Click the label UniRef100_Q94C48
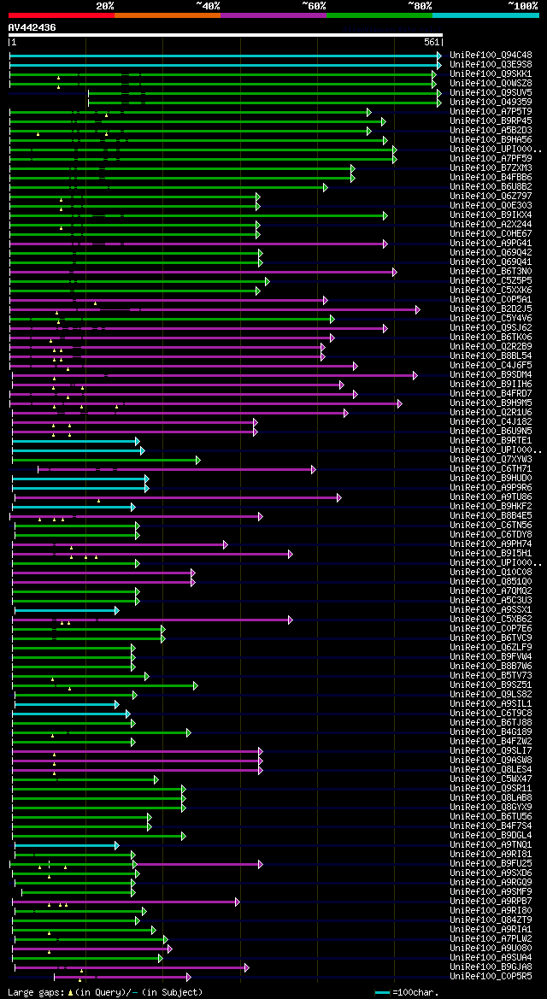tap(491, 55)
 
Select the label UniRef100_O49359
tap(491, 102)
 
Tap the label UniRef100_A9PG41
tap(491, 243)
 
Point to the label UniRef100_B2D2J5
tap(491, 309)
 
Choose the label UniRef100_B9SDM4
tap(491, 374)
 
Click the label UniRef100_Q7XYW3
tap(491, 459)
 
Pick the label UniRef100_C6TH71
tap(491, 468)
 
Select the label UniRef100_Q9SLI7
tap(491, 750)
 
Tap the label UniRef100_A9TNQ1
tap(491, 844)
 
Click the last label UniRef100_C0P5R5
tap(491, 976)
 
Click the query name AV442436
tap(32, 27)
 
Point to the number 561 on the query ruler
tap(431, 42)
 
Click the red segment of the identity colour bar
tap(61, 15)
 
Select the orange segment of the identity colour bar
tap(167, 15)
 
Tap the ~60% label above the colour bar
tap(314, 6)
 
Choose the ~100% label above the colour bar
tap(523, 6)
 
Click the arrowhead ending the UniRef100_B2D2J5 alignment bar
tap(418, 309)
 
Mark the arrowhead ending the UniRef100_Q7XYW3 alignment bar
tap(197, 460)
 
